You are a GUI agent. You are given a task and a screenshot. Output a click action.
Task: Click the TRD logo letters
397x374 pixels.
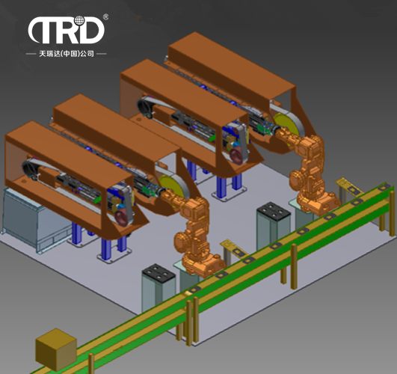click(66, 30)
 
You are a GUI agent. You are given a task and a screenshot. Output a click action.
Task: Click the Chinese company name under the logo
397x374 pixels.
click(67, 54)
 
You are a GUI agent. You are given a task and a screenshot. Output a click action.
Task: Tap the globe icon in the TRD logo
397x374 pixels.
click(79, 21)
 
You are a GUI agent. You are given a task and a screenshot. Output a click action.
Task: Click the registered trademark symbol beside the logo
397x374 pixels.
click(106, 16)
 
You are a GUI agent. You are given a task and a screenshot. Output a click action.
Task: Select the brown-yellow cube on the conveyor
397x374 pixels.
click(56, 349)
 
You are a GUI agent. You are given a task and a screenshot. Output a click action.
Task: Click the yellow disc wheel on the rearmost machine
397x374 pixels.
click(286, 125)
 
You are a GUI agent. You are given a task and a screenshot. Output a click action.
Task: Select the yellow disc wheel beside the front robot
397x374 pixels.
click(173, 187)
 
